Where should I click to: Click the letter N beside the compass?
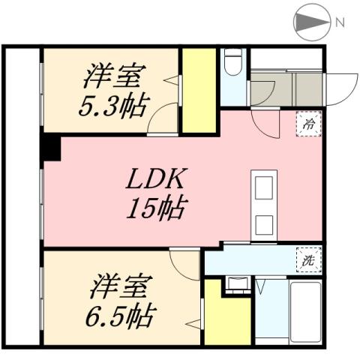[x=340, y=22]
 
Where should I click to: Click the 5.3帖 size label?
[x=113, y=102]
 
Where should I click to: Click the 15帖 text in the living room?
[x=156, y=208]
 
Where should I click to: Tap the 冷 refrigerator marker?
[x=307, y=125]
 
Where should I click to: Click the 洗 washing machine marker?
[x=307, y=261]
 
